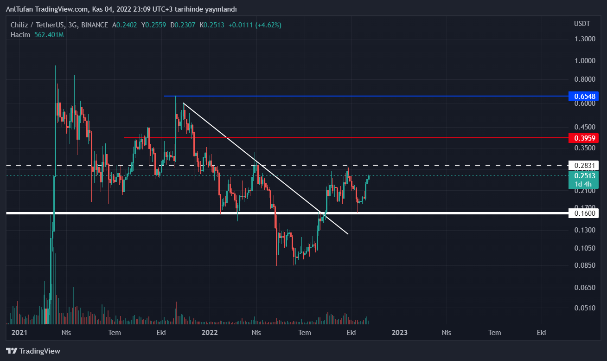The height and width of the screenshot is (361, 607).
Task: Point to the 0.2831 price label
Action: [x=585, y=165]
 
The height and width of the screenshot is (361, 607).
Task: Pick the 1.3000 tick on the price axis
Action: [x=585, y=39]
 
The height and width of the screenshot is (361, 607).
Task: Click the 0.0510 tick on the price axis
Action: [x=585, y=308]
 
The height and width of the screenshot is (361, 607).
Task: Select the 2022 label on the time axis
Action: [x=210, y=332]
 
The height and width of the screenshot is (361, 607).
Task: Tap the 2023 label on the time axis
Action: [x=399, y=332]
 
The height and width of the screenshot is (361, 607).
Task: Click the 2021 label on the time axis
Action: [x=19, y=332]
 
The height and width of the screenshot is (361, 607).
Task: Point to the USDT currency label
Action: [x=582, y=24]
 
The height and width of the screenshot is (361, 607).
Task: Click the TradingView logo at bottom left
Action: [x=33, y=351]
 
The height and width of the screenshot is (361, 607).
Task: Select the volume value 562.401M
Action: [x=49, y=35]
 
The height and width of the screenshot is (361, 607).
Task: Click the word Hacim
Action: [x=20, y=35]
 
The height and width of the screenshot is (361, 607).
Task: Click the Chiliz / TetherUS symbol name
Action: [x=37, y=25]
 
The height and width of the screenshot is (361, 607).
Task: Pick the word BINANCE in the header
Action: [x=94, y=25]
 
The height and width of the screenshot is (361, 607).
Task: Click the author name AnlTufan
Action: [x=19, y=9]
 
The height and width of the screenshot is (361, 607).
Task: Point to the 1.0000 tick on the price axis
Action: [x=585, y=61]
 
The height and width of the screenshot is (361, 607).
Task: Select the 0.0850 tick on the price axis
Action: [x=585, y=265]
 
